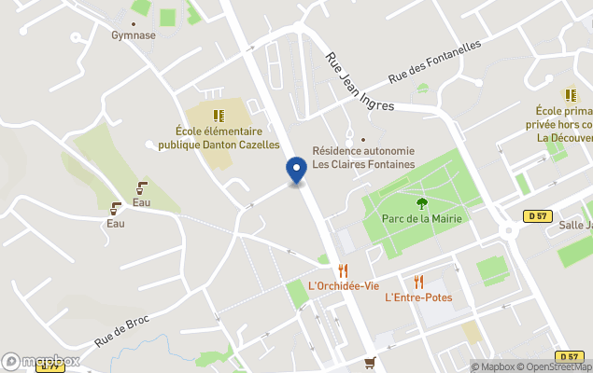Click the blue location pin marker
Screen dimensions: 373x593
click(x=296, y=171)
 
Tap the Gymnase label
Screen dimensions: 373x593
click(x=134, y=35)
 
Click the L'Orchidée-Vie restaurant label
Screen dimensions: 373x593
click(x=343, y=285)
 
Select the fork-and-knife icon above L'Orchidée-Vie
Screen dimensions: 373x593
click(x=343, y=270)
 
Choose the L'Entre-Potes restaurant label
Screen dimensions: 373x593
click(x=418, y=297)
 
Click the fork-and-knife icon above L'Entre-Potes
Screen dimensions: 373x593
click(x=418, y=282)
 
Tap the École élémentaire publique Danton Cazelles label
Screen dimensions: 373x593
click(x=219, y=138)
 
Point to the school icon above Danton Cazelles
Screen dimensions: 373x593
click(x=219, y=116)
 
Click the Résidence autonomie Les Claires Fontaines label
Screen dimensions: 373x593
click(x=363, y=159)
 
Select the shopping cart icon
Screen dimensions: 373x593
click(x=371, y=363)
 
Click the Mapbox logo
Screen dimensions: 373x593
click(x=41, y=361)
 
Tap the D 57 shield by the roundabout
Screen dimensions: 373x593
click(x=534, y=216)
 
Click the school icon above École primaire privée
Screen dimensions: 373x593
click(x=570, y=95)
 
